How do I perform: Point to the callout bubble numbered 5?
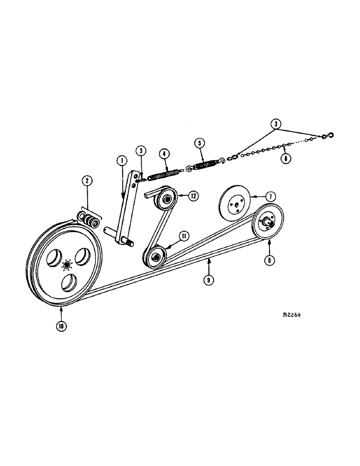click(x=200, y=143)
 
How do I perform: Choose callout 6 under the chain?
click(x=285, y=158)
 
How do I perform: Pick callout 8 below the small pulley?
click(x=269, y=260)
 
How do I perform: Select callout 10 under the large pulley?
click(x=61, y=326)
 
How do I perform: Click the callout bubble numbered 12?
click(x=192, y=196)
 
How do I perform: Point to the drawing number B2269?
click(x=292, y=315)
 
